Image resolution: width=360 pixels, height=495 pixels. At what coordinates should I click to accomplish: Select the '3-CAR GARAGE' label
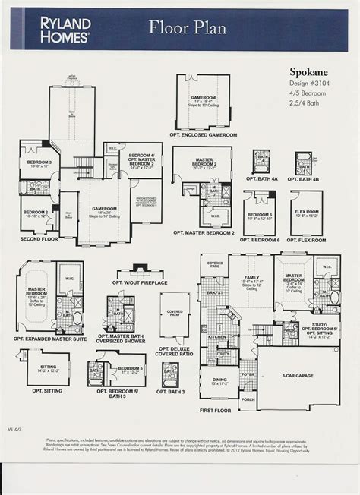(298, 376)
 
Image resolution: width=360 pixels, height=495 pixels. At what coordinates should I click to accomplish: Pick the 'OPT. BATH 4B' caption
(306, 178)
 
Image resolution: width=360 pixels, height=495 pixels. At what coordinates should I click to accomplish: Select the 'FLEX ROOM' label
(306, 212)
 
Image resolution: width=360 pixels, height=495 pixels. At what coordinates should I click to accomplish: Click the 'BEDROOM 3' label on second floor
(39, 162)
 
